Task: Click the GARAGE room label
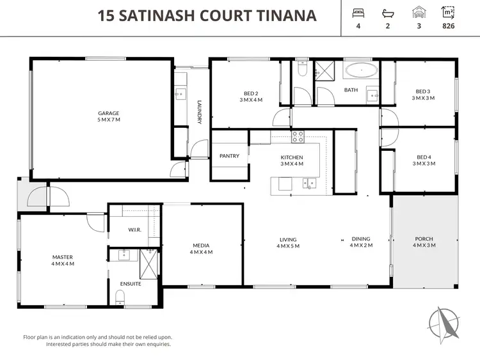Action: (108, 116)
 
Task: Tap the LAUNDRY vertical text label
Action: (200, 111)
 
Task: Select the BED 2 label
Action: (251, 95)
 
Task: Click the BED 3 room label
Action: (422, 95)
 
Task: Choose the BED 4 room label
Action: (422, 160)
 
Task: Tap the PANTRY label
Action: (229, 155)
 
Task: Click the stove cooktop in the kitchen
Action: (298, 136)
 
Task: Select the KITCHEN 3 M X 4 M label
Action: (291, 160)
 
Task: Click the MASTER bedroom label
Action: (63, 260)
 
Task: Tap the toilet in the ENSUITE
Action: (120, 296)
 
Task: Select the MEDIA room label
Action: (202, 248)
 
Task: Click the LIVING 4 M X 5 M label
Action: (287, 243)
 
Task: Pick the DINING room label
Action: (360, 242)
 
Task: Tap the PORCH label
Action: (424, 242)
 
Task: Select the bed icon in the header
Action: (358, 13)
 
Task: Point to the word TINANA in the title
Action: (285, 15)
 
